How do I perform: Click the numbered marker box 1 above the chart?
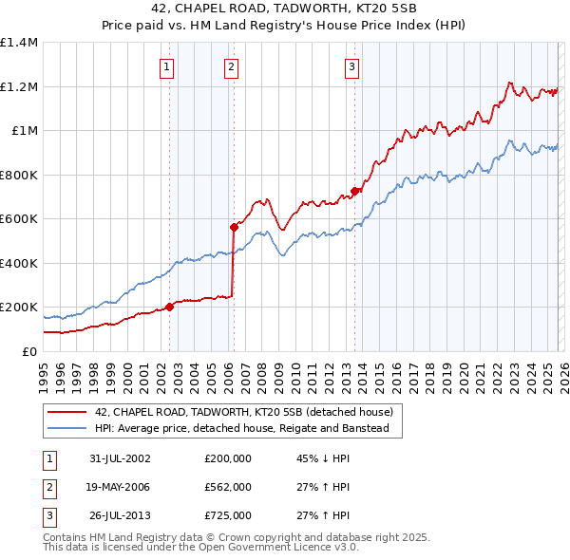[x=167, y=66]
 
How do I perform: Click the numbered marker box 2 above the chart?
[x=231, y=66]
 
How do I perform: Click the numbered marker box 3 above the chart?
[x=351, y=66]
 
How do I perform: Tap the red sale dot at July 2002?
[x=170, y=307]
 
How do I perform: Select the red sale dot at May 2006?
[x=234, y=227]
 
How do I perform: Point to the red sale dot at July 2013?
[x=354, y=191]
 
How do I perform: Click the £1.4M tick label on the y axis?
[x=19, y=43]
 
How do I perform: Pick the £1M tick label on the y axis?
[x=25, y=131]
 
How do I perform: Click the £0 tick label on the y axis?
[x=29, y=351]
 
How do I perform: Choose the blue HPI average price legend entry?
[x=248, y=428]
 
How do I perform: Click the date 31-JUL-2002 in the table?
[x=120, y=458]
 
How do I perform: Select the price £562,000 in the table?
[x=228, y=487]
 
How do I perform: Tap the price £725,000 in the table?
[x=228, y=515]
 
